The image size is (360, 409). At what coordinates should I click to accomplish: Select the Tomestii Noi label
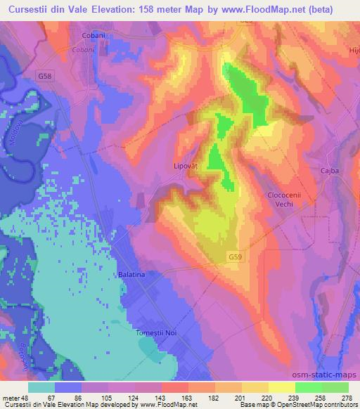click(154, 332)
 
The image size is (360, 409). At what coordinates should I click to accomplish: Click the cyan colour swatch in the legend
click(41, 387)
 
